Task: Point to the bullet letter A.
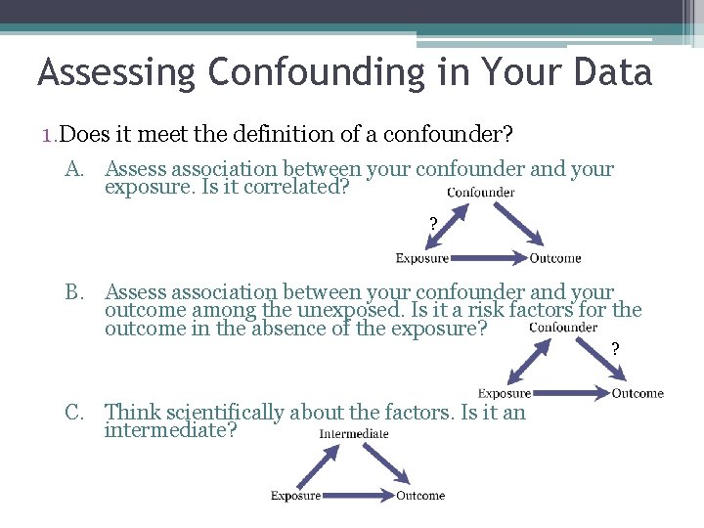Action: tap(75, 170)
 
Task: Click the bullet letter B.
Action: tap(75, 291)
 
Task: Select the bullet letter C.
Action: tap(75, 413)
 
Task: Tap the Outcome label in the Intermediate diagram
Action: tap(420, 496)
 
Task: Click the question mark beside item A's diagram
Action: tap(433, 224)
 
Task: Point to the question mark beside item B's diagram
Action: tap(615, 349)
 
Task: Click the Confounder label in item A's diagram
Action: tap(481, 193)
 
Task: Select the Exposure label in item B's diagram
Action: tap(505, 393)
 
